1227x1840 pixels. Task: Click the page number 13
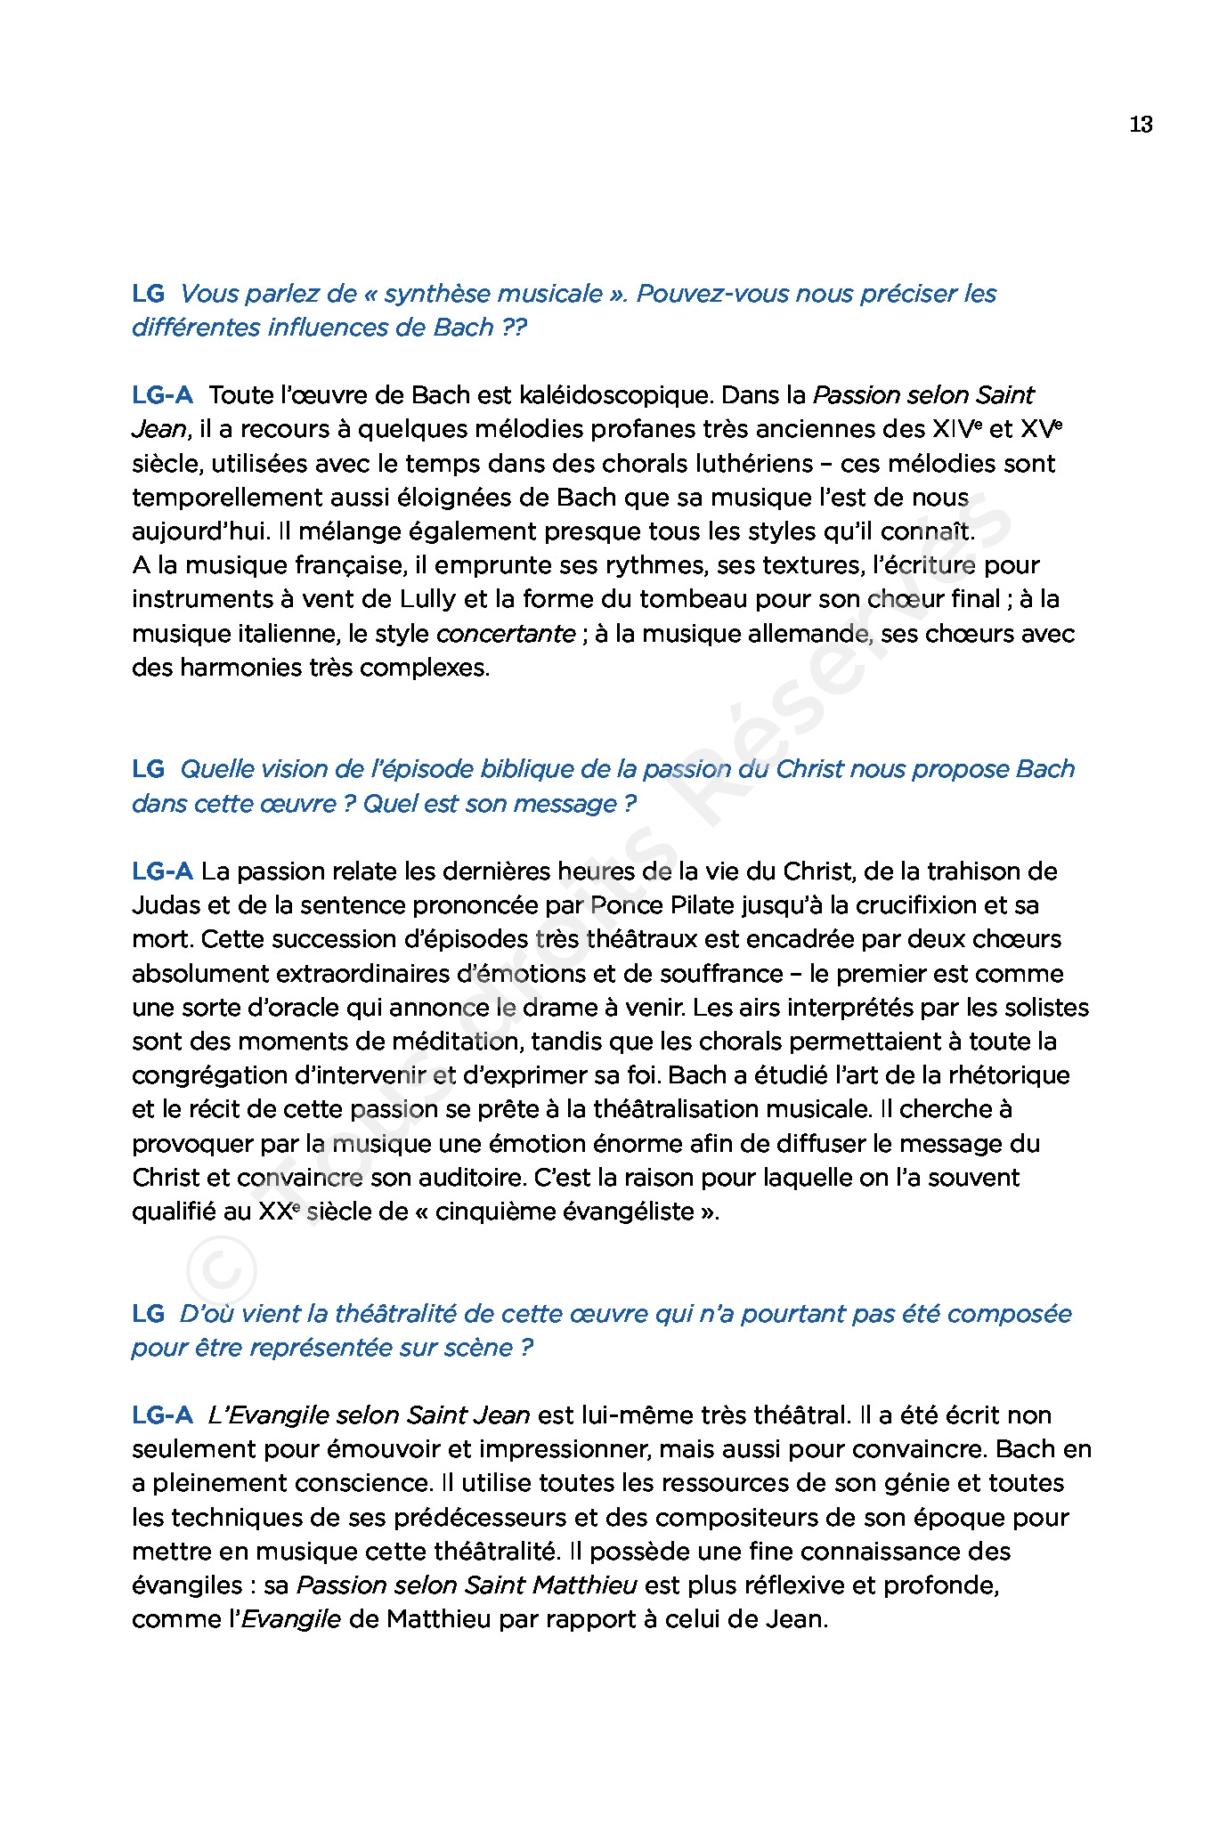[1141, 125]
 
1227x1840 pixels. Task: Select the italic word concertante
[506, 634]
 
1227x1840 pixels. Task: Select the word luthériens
[753, 464]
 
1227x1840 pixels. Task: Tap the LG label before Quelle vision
[149, 769]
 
